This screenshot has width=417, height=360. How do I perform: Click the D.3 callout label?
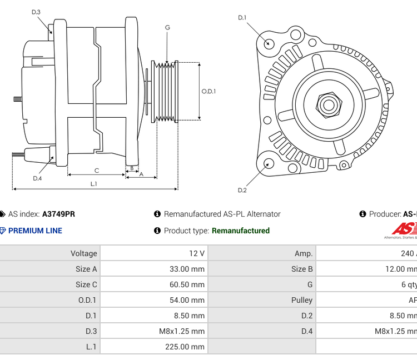(36, 12)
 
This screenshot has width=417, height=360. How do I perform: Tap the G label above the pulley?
(167, 27)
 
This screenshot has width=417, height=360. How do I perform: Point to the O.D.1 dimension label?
(209, 92)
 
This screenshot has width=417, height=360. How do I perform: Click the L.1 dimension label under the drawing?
(94, 183)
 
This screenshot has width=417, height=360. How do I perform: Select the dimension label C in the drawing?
(96, 171)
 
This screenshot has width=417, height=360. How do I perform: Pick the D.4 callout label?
(37, 178)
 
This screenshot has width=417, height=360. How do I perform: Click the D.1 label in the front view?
(242, 18)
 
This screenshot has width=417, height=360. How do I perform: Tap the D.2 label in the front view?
(242, 191)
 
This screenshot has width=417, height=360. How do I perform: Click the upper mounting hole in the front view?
(269, 43)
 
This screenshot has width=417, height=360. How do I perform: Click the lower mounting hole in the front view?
(268, 163)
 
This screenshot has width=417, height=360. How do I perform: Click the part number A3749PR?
(58, 214)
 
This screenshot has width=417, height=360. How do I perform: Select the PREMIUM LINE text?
(35, 231)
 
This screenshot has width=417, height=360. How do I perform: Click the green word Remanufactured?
(241, 231)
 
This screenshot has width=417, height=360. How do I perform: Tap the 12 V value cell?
(197, 253)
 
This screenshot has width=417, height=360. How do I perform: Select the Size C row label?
(86, 284)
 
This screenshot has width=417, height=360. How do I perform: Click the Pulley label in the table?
(302, 300)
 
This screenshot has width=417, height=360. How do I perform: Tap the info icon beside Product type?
(157, 231)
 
